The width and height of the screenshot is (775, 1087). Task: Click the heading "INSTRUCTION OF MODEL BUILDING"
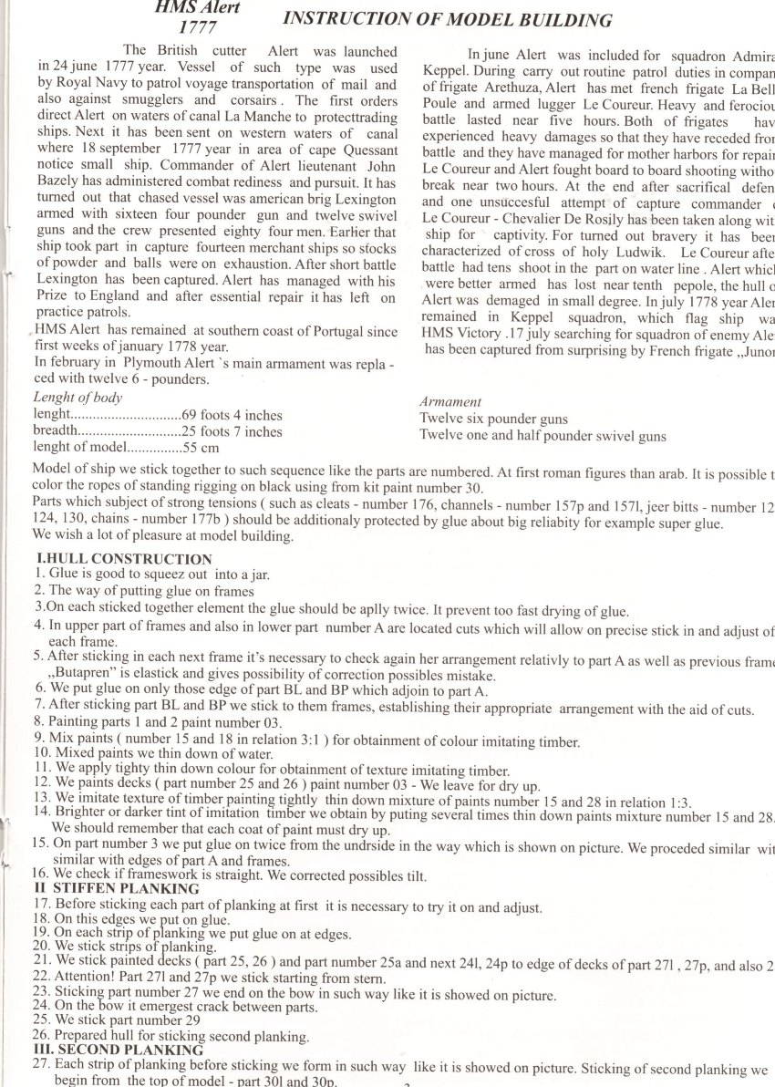447,20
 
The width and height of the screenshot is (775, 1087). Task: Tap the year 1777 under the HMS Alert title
199,28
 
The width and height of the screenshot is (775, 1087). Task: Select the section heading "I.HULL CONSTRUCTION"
124,559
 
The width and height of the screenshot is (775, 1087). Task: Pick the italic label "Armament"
450,401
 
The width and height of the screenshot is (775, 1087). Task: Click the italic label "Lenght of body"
77,398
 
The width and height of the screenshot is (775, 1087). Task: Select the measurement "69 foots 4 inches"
232,415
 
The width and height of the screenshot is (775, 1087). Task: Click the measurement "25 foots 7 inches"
232,431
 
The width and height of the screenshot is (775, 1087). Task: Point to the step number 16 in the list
41,873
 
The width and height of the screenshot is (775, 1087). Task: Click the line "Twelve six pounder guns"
493,419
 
